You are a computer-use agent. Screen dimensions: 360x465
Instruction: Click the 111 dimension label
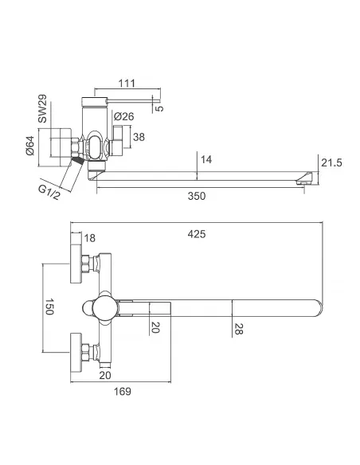point(127,83)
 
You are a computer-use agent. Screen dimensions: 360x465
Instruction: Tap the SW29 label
point(42,108)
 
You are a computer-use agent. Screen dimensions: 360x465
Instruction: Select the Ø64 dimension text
point(30,146)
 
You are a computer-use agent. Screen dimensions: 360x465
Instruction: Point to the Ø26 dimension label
point(124,116)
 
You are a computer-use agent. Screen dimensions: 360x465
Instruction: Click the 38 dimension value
point(139,137)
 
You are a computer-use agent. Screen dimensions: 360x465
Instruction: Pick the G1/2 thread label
point(49,192)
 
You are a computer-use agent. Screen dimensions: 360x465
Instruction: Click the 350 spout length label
point(196,196)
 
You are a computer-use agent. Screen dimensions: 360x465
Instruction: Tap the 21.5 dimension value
point(331,162)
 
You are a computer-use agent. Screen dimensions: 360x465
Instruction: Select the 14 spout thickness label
point(206,159)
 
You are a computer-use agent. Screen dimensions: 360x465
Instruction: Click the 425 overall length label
point(196,234)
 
